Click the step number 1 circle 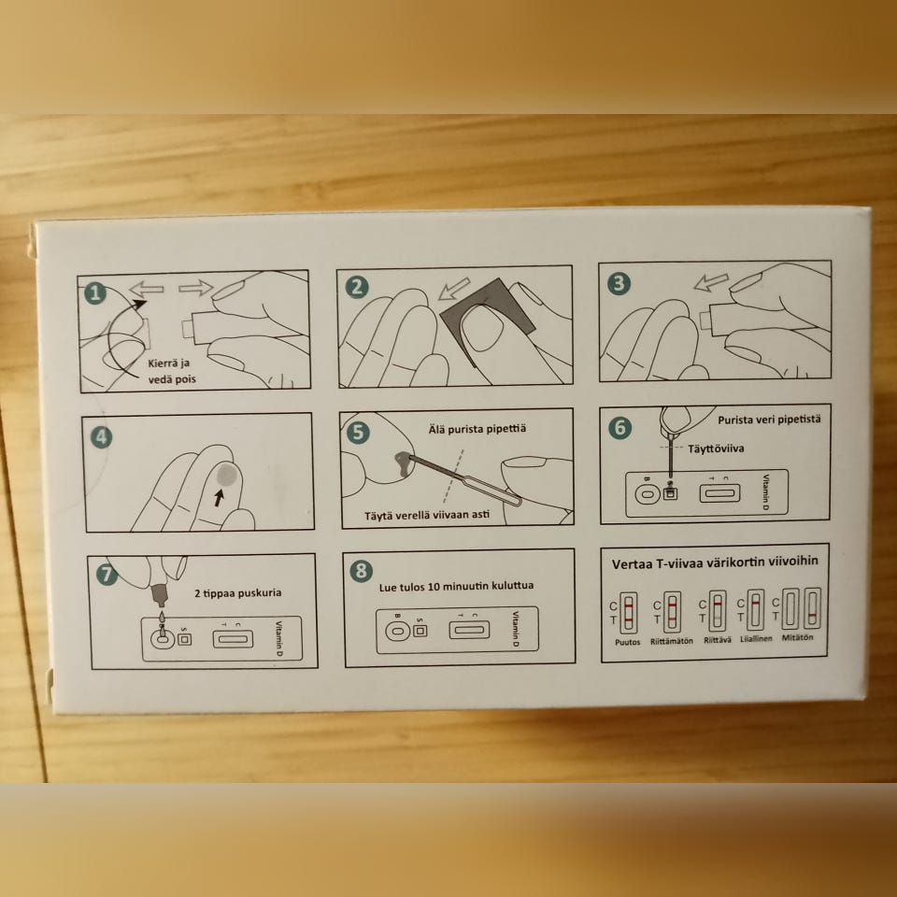click(x=95, y=292)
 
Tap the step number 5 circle click(x=358, y=432)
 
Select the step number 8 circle click(x=361, y=571)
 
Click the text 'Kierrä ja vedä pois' click(x=172, y=371)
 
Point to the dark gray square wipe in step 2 click(x=488, y=320)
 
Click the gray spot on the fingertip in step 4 click(x=226, y=474)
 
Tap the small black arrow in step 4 click(x=218, y=497)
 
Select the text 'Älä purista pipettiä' click(x=477, y=429)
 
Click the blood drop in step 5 click(x=404, y=463)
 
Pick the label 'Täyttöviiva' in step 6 click(x=716, y=448)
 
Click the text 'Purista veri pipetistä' click(x=769, y=420)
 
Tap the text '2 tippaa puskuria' click(x=238, y=592)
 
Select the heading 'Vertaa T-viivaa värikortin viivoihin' click(x=715, y=562)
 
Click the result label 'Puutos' click(x=628, y=642)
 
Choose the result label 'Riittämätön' click(x=672, y=641)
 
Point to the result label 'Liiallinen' click(x=756, y=638)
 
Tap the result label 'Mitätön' click(x=796, y=637)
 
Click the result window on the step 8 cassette click(x=469, y=630)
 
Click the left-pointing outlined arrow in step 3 click(x=711, y=282)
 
